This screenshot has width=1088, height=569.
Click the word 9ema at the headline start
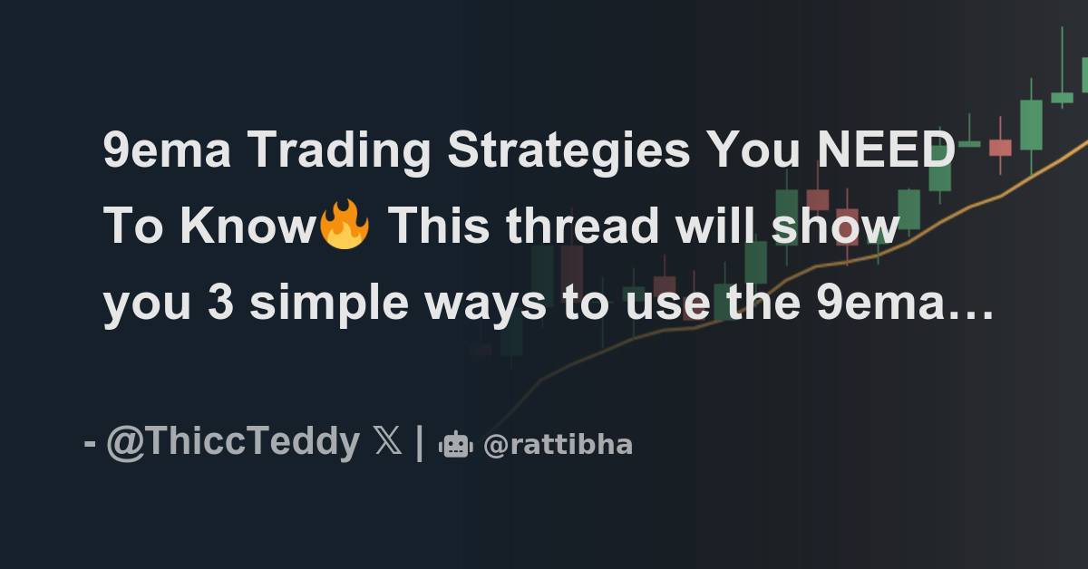[167, 151]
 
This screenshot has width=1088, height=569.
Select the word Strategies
[567, 151]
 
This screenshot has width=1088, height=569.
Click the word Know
[247, 227]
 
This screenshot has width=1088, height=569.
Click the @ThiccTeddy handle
[232, 443]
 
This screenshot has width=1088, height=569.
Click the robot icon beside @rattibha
[456, 445]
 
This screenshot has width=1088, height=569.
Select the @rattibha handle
[558, 445]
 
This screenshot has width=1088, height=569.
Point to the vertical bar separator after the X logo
[419, 443]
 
